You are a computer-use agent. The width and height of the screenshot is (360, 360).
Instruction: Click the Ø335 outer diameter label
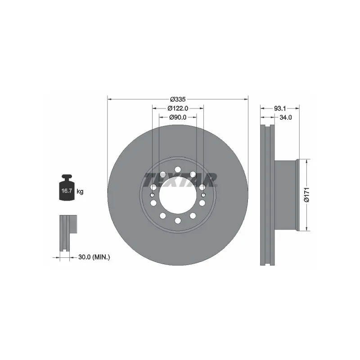(x=178, y=99)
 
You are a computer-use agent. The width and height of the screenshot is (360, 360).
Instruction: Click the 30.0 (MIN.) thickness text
(x=94, y=257)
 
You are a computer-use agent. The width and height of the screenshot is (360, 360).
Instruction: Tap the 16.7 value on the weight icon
(x=67, y=191)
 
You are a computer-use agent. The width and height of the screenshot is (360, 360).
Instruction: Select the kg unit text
(x=80, y=191)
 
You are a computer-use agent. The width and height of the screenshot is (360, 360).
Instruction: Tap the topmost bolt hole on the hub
(x=178, y=169)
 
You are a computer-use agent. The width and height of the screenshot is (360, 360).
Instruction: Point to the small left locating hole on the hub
(x=153, y=194)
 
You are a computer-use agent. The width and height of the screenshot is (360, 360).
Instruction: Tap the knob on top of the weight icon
(x=67, y=177)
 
